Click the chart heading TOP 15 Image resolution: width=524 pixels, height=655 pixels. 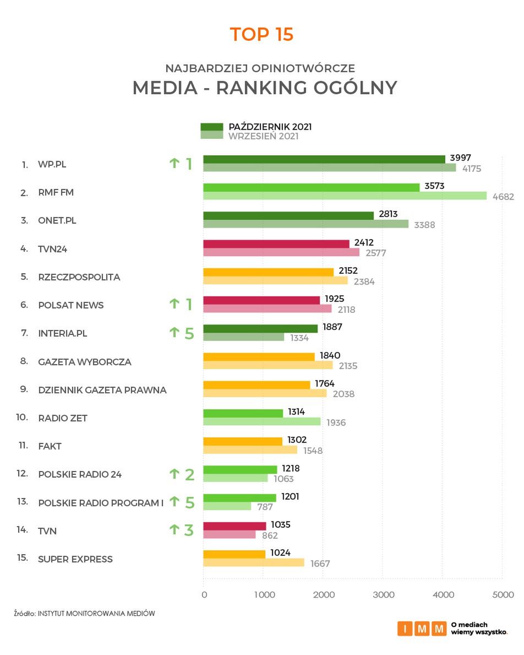[x=261, y=34]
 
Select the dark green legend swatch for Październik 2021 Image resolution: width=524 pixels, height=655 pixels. [x=211, y=127]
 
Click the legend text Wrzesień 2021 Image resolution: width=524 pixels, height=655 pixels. [x=263, y=136]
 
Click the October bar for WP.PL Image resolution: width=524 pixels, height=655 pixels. [x=324, y=159]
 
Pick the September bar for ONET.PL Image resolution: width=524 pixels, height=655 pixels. [x=305, y=224]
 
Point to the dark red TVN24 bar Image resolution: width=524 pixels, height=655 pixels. [x=276, y=243]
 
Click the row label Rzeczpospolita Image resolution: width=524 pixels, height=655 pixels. [x=79, y=277]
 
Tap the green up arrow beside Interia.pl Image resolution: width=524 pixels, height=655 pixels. [x=174, y=332]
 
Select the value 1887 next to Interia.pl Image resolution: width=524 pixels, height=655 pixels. [x=332, y=327]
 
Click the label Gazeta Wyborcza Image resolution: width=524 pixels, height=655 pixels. [x=85, y=362]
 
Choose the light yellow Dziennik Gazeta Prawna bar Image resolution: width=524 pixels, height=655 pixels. [x=264, y=393]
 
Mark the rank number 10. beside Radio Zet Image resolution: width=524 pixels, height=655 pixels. [x=21, y=417]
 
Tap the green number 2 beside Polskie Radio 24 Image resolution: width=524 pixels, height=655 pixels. [x=189, y=474]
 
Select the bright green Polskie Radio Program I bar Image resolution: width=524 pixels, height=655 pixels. [x=239, y=497]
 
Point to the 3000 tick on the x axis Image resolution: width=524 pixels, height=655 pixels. [x=383, y=595]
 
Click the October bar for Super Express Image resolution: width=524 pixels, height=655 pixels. [x=234, y=554]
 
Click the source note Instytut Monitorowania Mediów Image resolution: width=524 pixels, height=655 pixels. [x=96, y=613]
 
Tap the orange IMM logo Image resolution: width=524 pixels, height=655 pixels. [x=422, y=629]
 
